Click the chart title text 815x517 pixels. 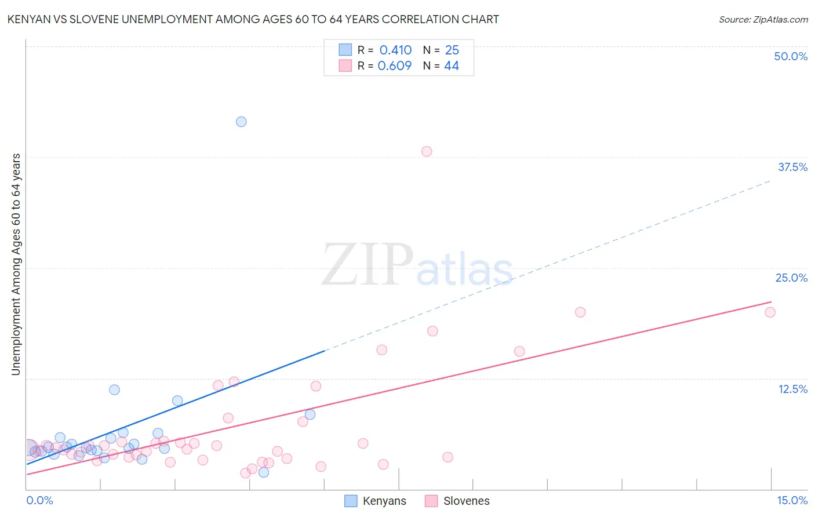click(x=253, y=19)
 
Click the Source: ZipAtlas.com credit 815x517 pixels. click(x=763, y=19)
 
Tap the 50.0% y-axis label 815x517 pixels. click(x=791, y=56)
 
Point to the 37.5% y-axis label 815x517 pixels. click(x=792, y=167)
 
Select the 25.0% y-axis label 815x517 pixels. click(x=791, y=278)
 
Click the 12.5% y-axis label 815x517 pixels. click(x=792, y=389)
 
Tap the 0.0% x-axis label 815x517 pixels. click(x=39, y=500)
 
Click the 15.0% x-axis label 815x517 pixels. click(x=792, y=500)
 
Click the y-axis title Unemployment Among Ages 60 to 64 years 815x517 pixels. click(x=16, y=264)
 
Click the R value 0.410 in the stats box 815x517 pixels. click(x=395, y=50)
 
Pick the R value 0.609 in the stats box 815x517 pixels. click(x=395, y=65)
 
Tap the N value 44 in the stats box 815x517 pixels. click(x=452, y=65)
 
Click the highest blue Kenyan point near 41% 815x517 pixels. click(x=241, y=122)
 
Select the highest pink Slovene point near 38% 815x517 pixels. click(x=427, y=151)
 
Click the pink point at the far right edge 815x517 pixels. click(x=770, y=312)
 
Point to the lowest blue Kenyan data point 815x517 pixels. click(x=264, y=472)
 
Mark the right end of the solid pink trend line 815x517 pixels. click(x=771, y=302)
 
